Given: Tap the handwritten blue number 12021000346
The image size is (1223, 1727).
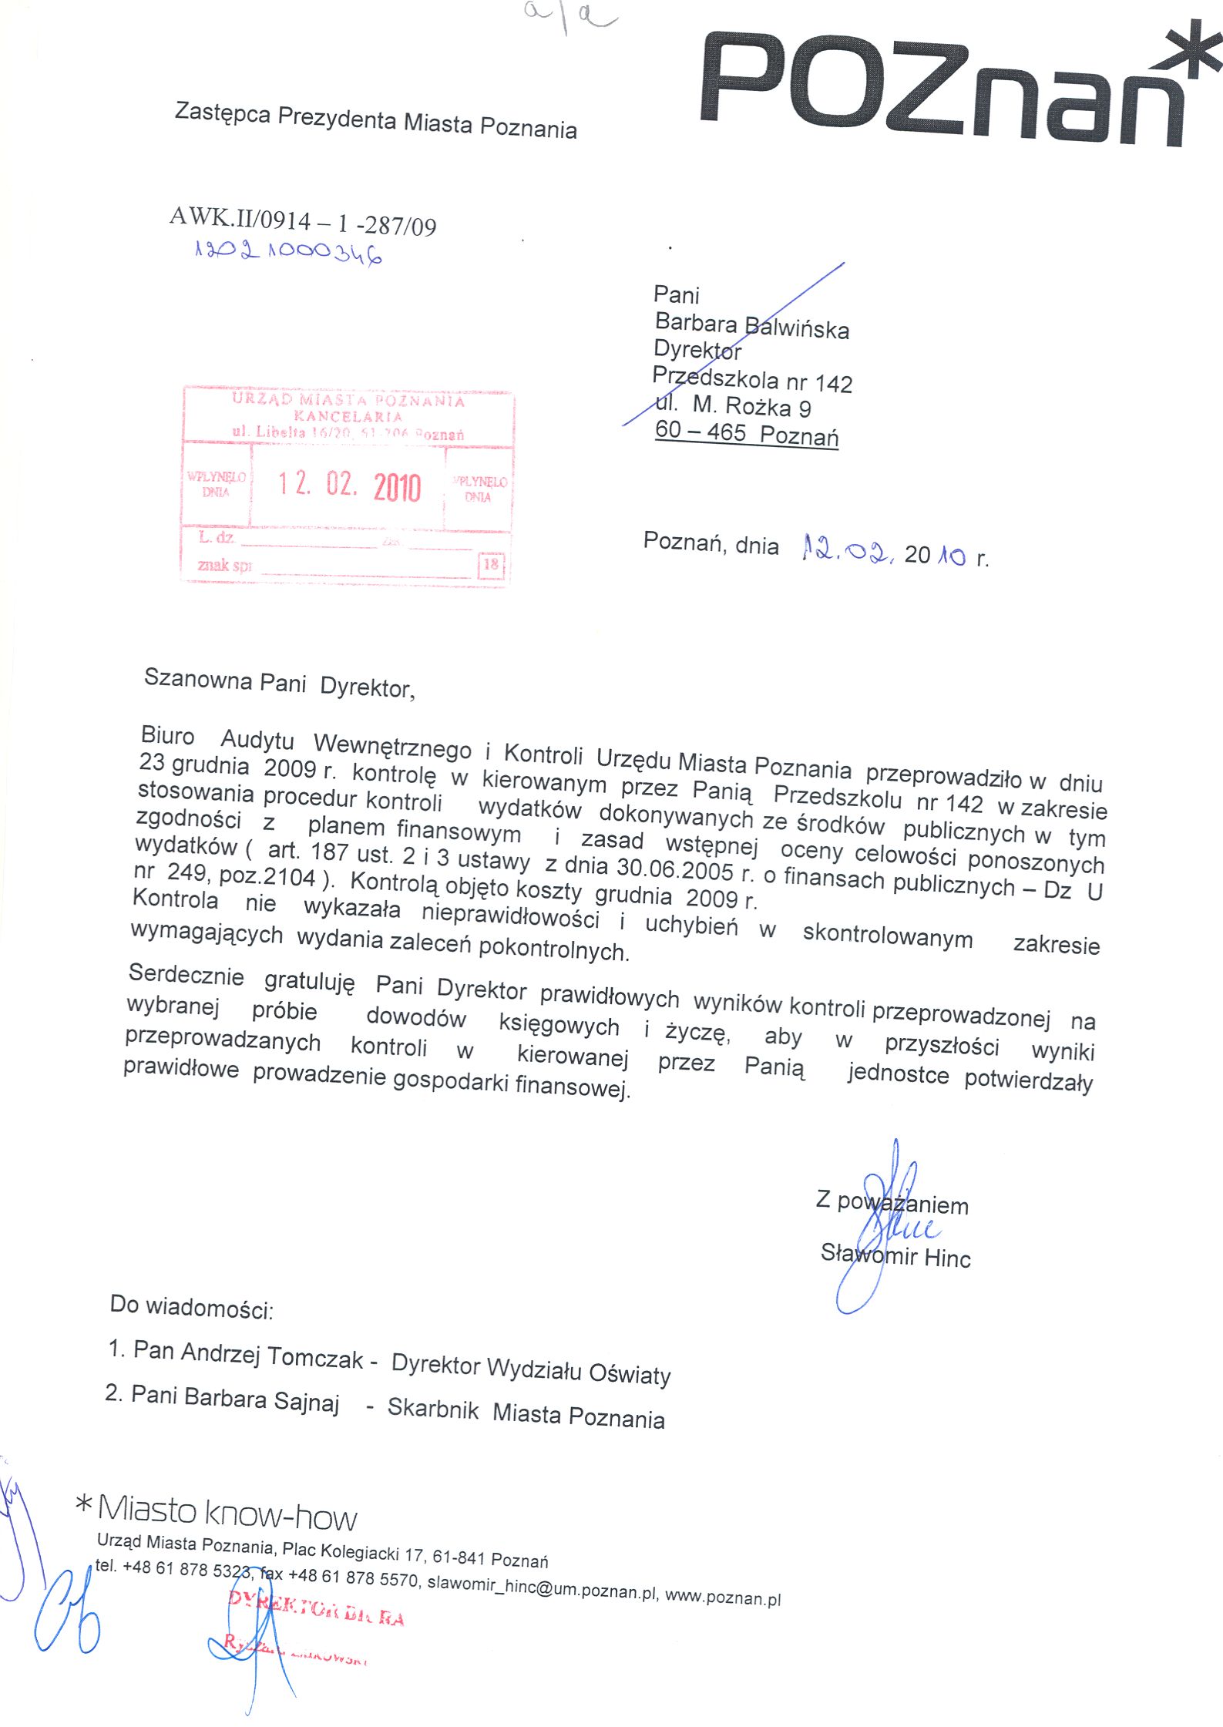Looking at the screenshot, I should click(x=288, y=252).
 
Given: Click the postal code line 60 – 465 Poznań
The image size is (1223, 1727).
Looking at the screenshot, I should click(x=746, y=433).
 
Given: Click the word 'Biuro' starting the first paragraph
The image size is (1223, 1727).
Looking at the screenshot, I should click(x=167, y=735).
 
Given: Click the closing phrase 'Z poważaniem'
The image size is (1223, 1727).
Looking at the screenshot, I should click(x=892, y=1202).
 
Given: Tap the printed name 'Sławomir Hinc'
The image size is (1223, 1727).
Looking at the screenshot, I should click(x=895, y=1255).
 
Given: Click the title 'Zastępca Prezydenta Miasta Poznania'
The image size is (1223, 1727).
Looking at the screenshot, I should click(x=375, y=121).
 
